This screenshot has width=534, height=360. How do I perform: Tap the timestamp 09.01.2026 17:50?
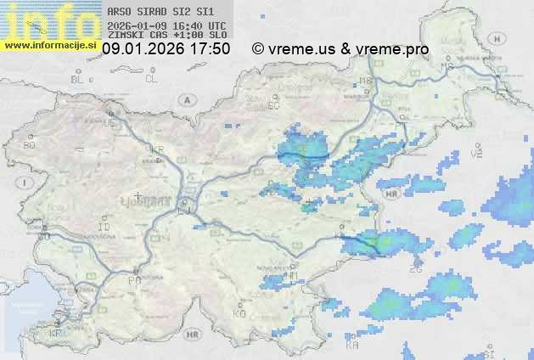(x=166, y=49)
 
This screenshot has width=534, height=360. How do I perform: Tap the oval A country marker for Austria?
(x=184, y=98)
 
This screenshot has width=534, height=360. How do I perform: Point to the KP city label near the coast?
(x=56, y=334)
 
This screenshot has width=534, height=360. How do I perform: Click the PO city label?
(x=133, y=279)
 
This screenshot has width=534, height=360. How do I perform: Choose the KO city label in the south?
(x=239, y=313)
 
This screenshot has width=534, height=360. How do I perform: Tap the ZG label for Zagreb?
(x=416, y=268)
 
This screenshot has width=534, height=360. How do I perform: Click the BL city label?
(x=78, y=79)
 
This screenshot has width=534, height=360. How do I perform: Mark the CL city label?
(x=151, y=79)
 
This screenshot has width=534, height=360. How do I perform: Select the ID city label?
(x=104, y=228)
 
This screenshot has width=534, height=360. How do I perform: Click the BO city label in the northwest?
(x=30, y=145)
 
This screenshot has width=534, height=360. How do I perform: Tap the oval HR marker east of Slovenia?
(x=391, y=194)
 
